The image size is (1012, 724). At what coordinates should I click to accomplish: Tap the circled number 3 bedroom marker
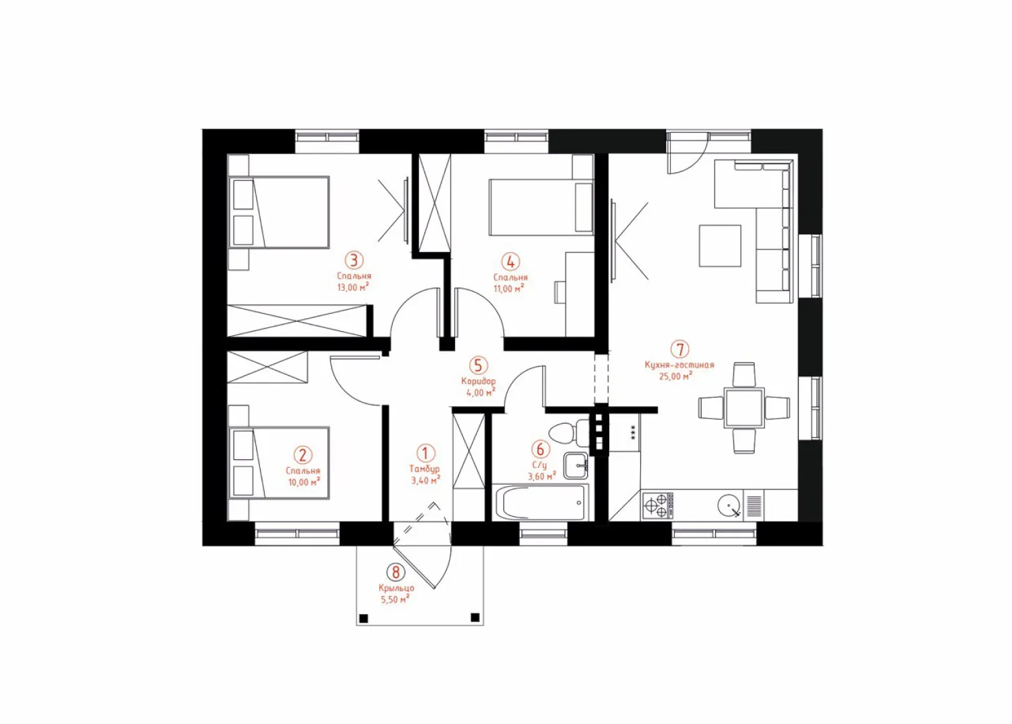pyautogui.click(x=354, y=260)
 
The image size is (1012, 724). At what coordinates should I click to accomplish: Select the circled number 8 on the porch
pyautogui.click(x=396, y=572)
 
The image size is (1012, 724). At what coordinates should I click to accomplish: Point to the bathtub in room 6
pyautogui.click(x=540, y=503)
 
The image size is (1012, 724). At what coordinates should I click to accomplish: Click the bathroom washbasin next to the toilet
pyautogui.click(x=576, y=465)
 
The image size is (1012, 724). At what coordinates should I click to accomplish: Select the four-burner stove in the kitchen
pyautogui.click(x=657, y=505)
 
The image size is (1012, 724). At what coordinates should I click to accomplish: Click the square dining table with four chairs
pyautogui.click(x=744, y=408)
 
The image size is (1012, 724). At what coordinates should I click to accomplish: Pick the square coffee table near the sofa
pyautogui.click(x=720, y=246)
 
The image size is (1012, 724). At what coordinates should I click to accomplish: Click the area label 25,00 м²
pyautogui.click(x=676, y=375)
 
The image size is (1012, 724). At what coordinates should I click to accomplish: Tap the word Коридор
pyautogui.click(x=479, y=381)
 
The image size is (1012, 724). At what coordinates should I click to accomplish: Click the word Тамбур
pyautogui.click(x=425, y=469)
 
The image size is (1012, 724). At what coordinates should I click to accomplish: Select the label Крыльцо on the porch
pyautogui.click(x=396, y=589)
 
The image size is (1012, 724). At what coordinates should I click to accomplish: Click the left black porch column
pyautogui.click(x=364, y=618)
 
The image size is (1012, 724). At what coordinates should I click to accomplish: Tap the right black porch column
pyautogui.click(x=475, y=617)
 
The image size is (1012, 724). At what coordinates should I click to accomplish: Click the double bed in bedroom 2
pyautogui.click(x=279, y=463)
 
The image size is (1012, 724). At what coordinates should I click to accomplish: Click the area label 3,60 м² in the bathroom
pyautogui.click(x=542, y=477)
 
